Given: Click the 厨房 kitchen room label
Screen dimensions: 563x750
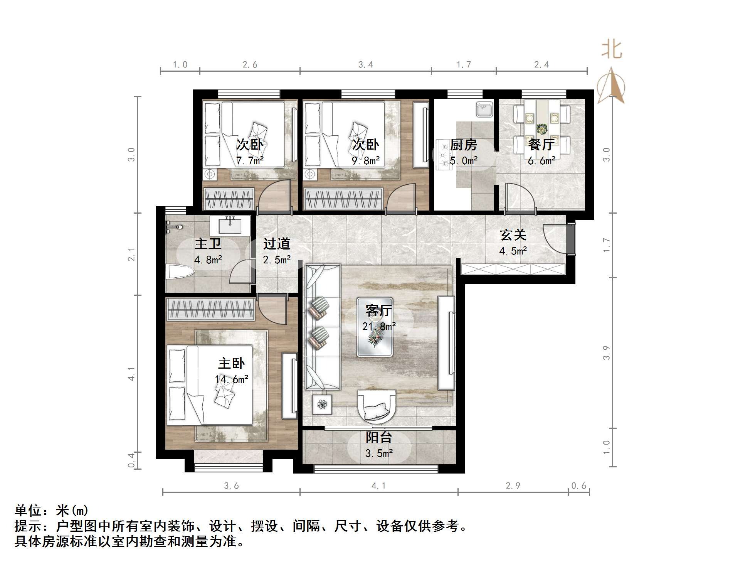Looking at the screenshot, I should [463, 145].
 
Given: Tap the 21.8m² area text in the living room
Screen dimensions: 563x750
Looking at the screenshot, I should [378, 327].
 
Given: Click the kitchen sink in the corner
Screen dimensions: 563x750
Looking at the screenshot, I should [484, 109].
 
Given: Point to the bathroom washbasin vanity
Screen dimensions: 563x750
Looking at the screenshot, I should [230, 225].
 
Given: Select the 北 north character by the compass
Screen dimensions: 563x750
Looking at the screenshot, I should [612, 50].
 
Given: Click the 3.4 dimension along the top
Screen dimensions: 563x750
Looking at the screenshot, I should [365, 65].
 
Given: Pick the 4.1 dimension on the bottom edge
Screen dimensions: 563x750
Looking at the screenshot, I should [378, 486].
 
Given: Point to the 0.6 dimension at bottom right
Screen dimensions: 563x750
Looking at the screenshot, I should [578, 486].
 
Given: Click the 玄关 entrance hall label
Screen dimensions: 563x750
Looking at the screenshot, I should [513, 235].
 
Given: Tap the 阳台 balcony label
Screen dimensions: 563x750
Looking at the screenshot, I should [378, 437].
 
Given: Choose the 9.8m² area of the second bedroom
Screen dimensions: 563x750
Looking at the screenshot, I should [365, 161].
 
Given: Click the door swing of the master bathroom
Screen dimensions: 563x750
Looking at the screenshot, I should [240, 272].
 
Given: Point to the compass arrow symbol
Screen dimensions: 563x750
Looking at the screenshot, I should [611, 86].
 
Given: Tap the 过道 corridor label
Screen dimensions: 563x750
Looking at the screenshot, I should [276, 244].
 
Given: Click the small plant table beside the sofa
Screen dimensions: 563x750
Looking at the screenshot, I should [322, 404].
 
